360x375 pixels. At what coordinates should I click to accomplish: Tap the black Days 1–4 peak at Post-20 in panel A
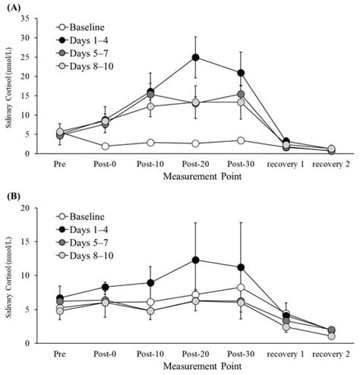coord(196,57)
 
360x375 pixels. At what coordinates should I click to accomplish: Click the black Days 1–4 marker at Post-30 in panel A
coord(241,73)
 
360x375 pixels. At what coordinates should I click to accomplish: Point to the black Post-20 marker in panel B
coord(196,260)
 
